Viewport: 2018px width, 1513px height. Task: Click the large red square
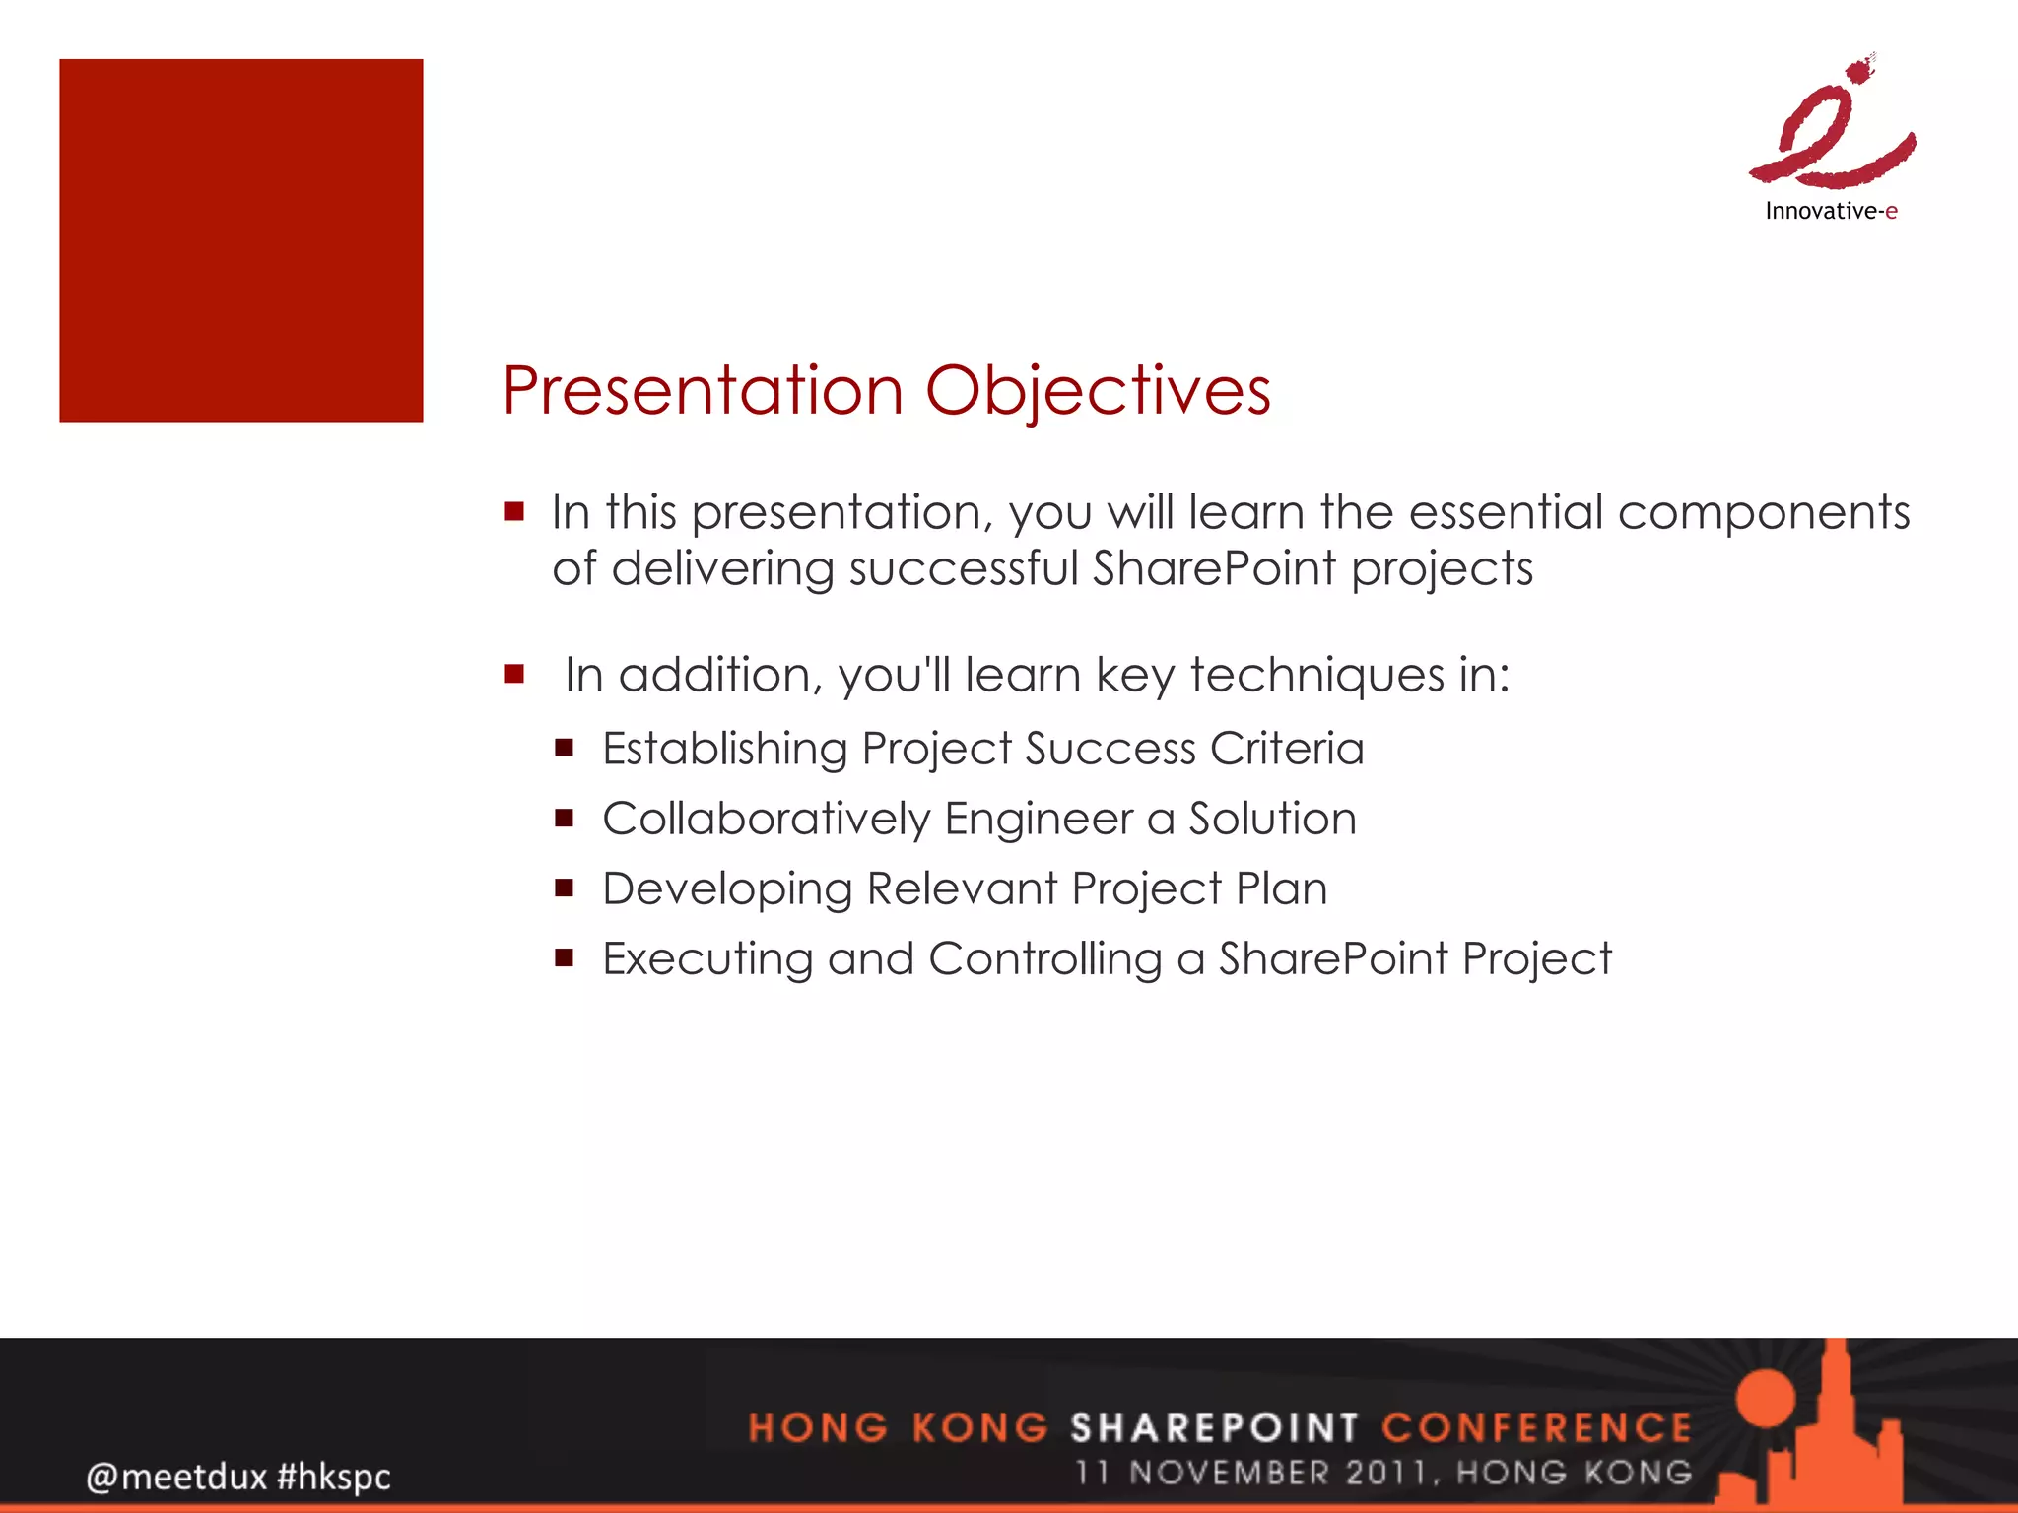(240, 240)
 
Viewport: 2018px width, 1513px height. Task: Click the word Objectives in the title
(1098, 392)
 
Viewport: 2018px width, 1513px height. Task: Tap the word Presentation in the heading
(702, 392)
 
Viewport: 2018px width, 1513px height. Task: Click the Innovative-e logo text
(1831, 211)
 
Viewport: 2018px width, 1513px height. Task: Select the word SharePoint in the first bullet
(1214, 569)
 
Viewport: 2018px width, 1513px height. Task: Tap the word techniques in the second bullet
(1317, 677)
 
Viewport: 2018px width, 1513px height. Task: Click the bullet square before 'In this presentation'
(514, 511)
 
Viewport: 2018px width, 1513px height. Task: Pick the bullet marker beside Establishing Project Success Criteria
(564, 748)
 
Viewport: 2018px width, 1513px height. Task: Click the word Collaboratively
(766, 820)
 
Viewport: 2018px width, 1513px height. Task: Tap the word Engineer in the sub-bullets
(1039, 820)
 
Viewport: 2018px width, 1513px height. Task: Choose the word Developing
(726, 889)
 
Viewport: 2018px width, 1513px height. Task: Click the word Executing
(706, 959)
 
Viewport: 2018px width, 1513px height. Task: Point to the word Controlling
(1044, 959)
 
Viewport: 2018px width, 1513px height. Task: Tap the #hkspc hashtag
(334, 1477)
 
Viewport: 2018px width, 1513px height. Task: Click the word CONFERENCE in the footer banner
(1536, 1427)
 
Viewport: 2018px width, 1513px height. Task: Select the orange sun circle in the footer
(1768, 1398)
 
